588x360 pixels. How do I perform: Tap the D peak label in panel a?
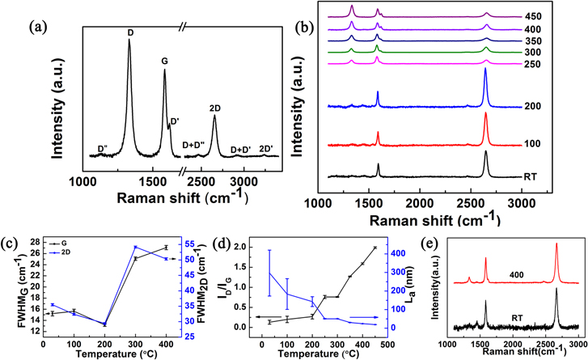[130, 32]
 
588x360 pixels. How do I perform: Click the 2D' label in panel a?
[267, 148]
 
